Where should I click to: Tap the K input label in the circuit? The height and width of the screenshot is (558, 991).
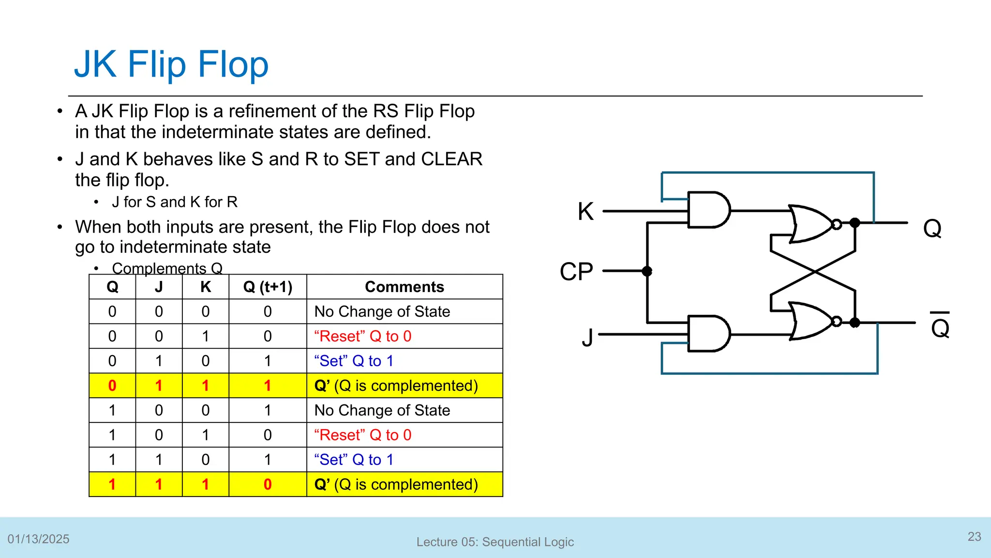[586, 212]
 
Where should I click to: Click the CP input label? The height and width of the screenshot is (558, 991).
[576, 271]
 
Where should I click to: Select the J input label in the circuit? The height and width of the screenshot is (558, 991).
[587, 337]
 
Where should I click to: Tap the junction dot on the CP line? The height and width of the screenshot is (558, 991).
[647, 271]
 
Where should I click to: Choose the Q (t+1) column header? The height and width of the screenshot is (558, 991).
[268, 287]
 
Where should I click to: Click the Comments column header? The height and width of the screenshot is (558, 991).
[404, 287]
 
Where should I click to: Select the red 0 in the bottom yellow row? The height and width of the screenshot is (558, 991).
[268, 484]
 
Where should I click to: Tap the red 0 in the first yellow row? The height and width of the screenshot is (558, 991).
[112, 386]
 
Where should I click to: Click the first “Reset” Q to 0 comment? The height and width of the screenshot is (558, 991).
[362, 336]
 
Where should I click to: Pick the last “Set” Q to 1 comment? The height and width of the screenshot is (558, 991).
[353, 460]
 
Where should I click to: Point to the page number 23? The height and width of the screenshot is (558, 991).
[974, 537]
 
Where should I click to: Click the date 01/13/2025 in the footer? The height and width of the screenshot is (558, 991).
[38, 539]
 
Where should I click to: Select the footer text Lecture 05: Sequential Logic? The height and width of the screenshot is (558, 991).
[495, 542]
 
